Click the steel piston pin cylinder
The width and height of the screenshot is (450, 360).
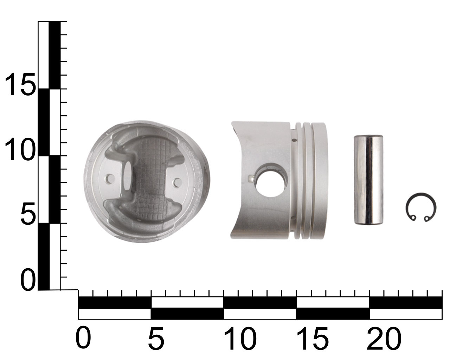pyautogui.click(x=368, y=180)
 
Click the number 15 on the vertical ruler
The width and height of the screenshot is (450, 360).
pyautogui.click(x=20, y=84)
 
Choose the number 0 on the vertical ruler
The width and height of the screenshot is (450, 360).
pyautogui.click(x=28, y=280)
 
